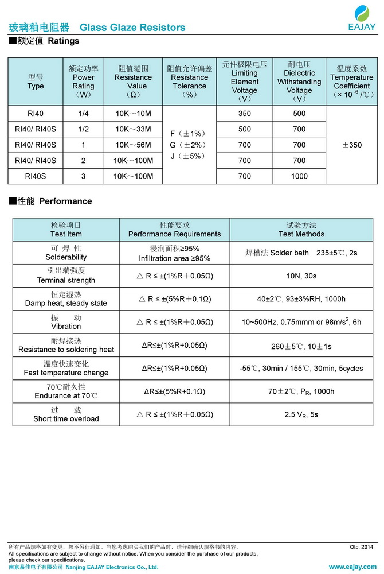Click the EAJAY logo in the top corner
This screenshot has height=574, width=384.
coord(362,18)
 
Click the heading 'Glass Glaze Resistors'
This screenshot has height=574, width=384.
coord(132,28)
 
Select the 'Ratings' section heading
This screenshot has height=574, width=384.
coord(64,41)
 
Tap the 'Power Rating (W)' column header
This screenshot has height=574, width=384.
coord(83,82)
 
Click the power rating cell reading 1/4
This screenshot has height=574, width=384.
coord(83,114)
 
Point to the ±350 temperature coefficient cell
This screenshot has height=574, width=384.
coord(351,145)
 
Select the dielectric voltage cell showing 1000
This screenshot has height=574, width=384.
coord(299,176)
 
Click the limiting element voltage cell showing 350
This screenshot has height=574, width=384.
coord(245,114)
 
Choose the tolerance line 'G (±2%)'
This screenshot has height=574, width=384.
coord(189,145)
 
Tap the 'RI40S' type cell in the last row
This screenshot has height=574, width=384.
coord(36,176)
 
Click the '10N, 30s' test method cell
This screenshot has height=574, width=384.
coord(301,276)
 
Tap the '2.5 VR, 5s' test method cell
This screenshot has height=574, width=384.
coord(301,414)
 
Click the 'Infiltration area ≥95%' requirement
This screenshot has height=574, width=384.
coord(174,258)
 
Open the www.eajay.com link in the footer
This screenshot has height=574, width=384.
coord(353,567)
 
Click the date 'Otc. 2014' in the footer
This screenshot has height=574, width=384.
coord(361,547)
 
